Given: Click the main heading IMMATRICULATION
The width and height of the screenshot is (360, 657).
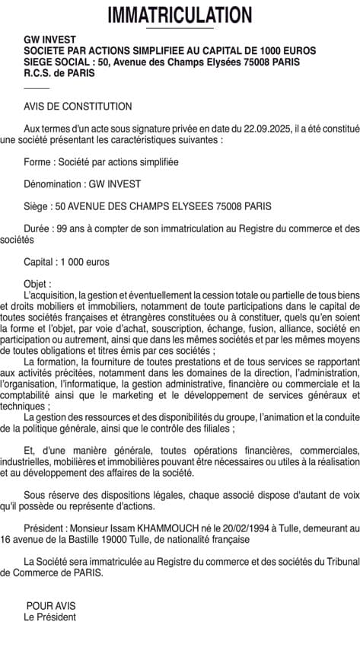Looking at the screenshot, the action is (x=180, y=14).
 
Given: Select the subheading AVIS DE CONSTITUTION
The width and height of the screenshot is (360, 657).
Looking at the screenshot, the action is (x=78, y=107).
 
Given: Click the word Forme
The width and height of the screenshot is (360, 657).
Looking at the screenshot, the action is (x=37, y=162).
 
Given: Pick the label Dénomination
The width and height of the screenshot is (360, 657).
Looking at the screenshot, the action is (x=54, y=184).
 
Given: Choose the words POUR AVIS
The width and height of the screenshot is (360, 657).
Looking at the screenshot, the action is (x=51, y=606).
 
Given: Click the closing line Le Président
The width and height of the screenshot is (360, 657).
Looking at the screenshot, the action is (x=49, y=617).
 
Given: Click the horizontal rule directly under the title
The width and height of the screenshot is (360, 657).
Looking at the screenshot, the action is (x=180, y=29).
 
